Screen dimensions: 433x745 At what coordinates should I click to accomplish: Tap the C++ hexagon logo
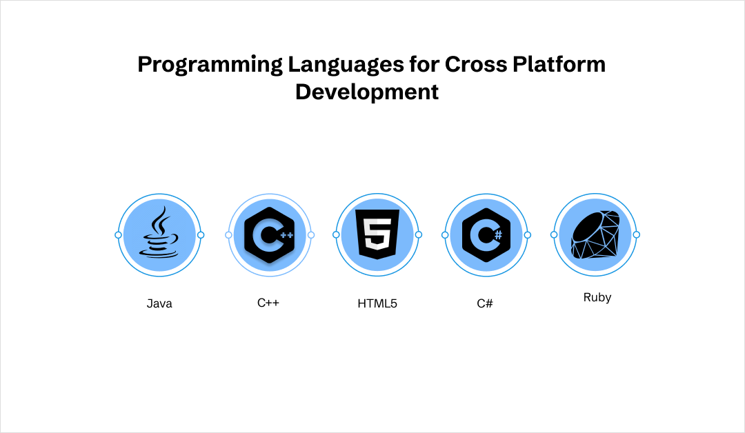click(x=270, y=234)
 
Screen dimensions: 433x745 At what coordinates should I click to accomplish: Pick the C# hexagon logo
click(x=486, y=234)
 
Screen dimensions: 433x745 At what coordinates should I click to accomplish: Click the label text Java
click(x=159, y=303)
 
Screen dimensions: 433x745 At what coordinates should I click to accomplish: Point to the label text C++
click(x=268, y=302)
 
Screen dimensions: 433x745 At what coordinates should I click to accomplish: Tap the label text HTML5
click(x=377, y=303)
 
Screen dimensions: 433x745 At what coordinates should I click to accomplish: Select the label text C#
click(x=485, y=303)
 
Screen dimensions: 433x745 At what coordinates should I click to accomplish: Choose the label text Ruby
click(x=597, y=298)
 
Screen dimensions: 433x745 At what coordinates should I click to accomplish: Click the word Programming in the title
click(x=210, y=64)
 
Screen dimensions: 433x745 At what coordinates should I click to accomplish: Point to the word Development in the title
click(x=367, y=92)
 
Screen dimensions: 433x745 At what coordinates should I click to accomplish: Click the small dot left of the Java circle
click(x=118, y=235)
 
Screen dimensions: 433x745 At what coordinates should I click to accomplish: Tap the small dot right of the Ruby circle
click(x=636, y=234)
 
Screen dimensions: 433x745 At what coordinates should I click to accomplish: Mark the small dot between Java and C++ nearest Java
click(x=201, y=235)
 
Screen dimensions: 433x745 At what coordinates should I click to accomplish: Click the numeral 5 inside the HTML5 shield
click(x=377, y=232)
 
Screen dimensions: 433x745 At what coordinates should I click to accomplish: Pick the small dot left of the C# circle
click(x=445, y=234)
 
